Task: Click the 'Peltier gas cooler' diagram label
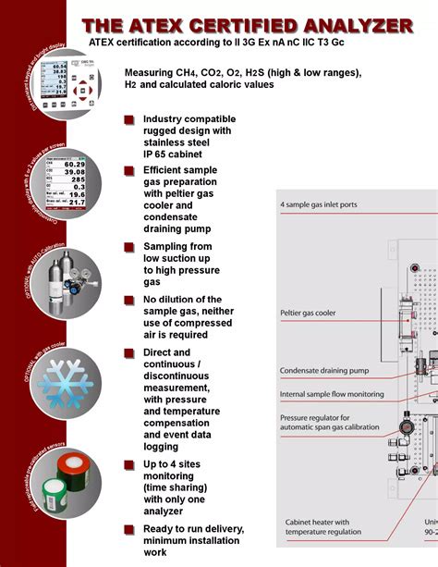309,314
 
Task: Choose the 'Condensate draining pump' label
323,371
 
